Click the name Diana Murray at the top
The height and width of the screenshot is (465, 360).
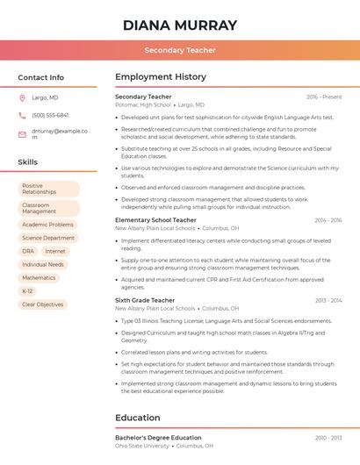(180, 25)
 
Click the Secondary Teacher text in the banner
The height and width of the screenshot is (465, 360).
(180, 51)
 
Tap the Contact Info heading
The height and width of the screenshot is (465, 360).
(41, 77)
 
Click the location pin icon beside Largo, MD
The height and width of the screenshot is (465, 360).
(22, 98)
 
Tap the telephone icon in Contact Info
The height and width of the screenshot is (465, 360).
(22, 116)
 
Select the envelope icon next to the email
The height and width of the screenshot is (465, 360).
(22, 134)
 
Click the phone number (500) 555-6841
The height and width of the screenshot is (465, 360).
(50, 116)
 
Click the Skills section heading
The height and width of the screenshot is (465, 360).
(28, 162)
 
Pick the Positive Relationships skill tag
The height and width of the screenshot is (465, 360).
(48, 190)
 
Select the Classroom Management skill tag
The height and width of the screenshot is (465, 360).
(48, 209)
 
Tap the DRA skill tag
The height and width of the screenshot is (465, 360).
(28, 251)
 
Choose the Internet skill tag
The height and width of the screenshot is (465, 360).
(55, 251)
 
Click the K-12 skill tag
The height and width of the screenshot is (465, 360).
(27, 291)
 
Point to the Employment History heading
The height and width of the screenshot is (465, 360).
(161, 77)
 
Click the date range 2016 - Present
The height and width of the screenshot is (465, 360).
(324, 97)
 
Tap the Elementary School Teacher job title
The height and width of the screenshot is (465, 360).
(155, 220)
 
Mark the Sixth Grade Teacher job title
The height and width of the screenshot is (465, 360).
(145, 300)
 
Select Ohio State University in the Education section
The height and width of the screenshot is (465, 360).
(142, 446)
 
